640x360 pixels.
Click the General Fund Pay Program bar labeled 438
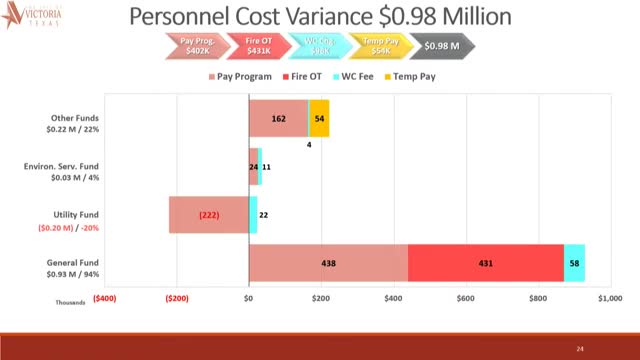(328, 262)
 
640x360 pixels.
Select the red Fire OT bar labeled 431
(486, 262)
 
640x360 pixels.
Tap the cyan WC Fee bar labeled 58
(574, 262)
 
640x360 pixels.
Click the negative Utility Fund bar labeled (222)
(208, 215)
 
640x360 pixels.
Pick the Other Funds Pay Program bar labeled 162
(278, 118)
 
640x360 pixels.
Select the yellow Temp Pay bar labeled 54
(319, 118)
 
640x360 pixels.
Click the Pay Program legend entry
(244, 76)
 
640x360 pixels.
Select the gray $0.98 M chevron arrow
(441, 46)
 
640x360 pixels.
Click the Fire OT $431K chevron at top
(259, 46)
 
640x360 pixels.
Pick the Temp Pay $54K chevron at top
(378, 46)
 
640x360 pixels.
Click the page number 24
(580, 348)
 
